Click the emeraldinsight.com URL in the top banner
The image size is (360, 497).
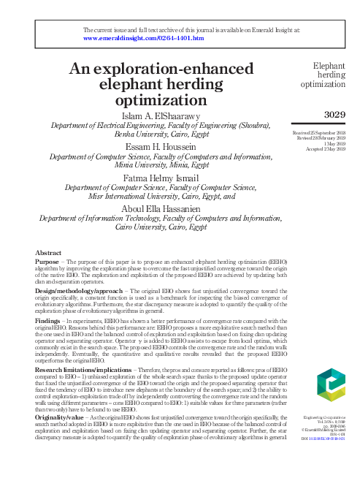tap(144, 37)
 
